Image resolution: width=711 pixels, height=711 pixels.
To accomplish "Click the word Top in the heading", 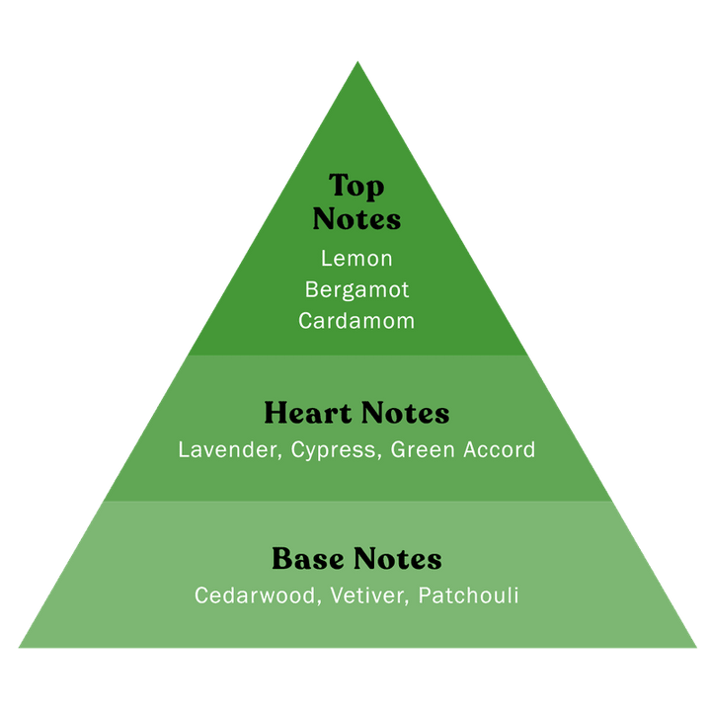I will click(356, 187).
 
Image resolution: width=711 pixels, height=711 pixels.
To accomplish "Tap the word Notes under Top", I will click(356, 218).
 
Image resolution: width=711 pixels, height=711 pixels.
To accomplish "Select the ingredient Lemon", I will click(356, 259).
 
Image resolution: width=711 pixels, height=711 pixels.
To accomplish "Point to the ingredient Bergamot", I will click(356, 290).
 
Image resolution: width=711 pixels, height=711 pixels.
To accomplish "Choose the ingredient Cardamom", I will click(356, 321).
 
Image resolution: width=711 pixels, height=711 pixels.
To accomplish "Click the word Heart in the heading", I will click(307, 413).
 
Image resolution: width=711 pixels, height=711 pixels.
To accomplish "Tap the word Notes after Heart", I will click(405, 413).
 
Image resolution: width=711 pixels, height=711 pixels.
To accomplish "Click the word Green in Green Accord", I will click(421, 450).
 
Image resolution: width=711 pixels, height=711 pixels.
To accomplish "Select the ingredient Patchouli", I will click(468, 596).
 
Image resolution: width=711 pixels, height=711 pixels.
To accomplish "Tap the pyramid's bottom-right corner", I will click(695, 647).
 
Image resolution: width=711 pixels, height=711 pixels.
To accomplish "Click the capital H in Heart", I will click(276, 413).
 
